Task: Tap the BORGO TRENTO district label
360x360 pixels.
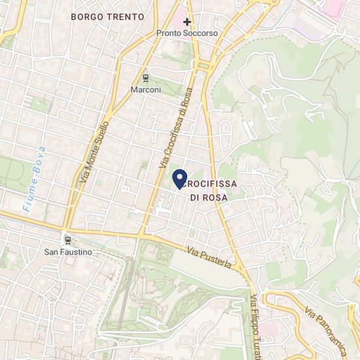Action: pyautogui.click(x=106, y=16)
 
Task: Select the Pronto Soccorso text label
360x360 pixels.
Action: pyautogui.click(x=187, y=33)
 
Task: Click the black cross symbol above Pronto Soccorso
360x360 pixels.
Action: pyautogui.click(x=187, y=22)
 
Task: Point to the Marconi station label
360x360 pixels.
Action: pyautogui.click(x=145, y=89)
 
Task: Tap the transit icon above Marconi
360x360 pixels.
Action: pyautogui.click(x=145, y=77)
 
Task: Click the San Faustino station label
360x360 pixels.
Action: pyautogui.click(x=68, y=251)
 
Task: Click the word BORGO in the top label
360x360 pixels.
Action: pyautogui.click(x=86, y=16)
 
